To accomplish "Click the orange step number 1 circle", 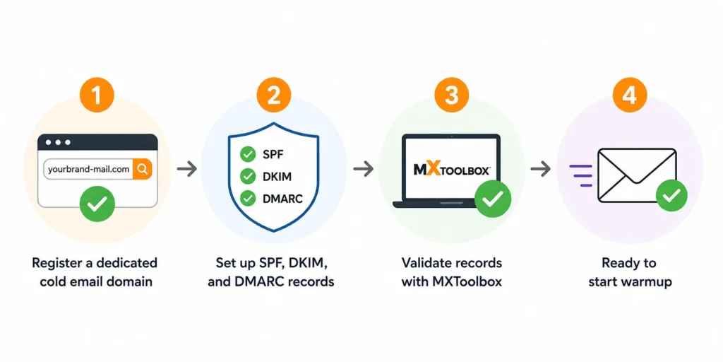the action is click(96, 95).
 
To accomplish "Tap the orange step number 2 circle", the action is click(274, 95).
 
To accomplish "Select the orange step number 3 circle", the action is click(451, 95).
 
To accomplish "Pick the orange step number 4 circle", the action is click(629, 95).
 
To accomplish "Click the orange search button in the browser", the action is click(143, 170).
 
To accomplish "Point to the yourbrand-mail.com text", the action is click(88, 170).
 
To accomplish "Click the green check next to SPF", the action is click(248, 154).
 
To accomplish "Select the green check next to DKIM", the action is click(248, 176).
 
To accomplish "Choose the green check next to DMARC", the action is click(248, 199).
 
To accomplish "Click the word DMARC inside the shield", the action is click(282, 199).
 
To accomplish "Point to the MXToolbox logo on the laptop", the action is click(452, 170).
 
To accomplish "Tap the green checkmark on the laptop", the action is click(493, 199).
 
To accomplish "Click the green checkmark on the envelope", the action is click(671, 196).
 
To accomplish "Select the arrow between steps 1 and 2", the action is click(186, 169).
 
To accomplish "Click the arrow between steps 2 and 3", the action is click(364, 169).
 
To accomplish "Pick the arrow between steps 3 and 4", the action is click(540, 169).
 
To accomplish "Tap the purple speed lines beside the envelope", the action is click(581, 175).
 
